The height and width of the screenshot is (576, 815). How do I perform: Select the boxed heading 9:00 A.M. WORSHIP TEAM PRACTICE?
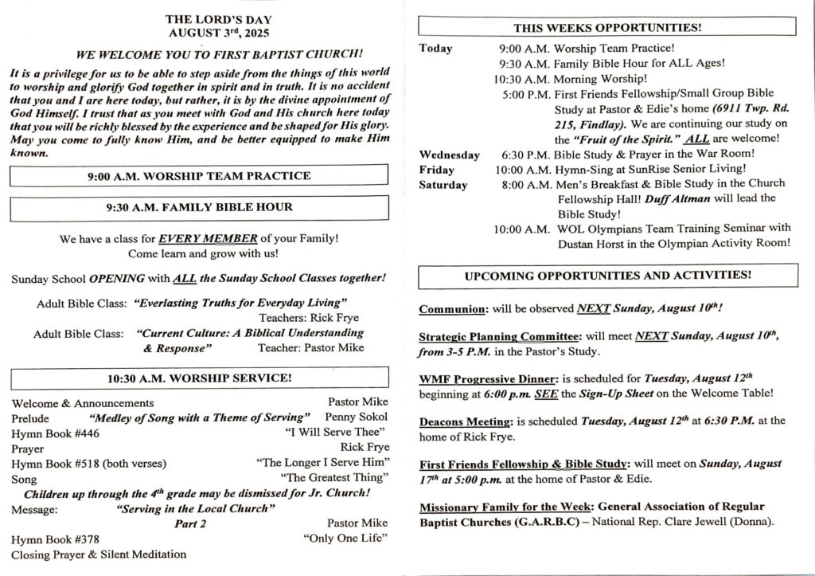[199, 175]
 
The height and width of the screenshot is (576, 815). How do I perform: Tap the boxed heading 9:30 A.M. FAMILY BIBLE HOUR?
[199, 207]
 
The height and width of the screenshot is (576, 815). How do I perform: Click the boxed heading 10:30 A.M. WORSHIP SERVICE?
[199, 378]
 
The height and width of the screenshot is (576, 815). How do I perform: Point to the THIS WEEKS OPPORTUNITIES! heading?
[607, 27]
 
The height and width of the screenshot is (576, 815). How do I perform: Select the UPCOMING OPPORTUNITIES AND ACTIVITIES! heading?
[607, 276]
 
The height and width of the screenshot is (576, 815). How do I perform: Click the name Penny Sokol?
[357, 417]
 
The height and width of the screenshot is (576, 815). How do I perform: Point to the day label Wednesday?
[449, 155]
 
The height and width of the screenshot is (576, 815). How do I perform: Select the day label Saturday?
[443, 185]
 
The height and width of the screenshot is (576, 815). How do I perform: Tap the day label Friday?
[436, 170]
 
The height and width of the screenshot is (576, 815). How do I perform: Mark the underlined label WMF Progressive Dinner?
[479, 378]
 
